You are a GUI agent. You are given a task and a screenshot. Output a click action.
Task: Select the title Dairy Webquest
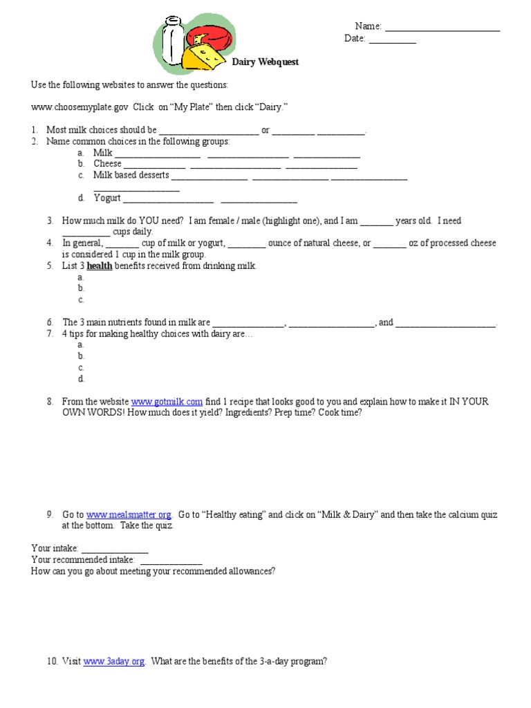coord(265,62)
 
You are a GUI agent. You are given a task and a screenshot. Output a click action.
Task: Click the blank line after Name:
coord(442,27)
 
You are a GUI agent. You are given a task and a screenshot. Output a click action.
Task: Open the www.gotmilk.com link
coord(167,402)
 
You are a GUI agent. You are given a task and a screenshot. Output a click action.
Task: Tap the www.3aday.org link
coord(114,661)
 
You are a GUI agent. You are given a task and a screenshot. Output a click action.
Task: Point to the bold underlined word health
coord(100,265)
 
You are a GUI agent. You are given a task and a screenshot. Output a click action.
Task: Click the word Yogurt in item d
coord(107,198)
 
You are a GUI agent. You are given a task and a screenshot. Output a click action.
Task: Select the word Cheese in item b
coord(107,164)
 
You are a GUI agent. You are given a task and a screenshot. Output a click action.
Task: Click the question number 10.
coord(53,661)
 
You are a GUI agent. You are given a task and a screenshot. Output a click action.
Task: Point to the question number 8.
coord(50,402)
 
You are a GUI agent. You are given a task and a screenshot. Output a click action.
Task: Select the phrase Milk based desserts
coord(131,175)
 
